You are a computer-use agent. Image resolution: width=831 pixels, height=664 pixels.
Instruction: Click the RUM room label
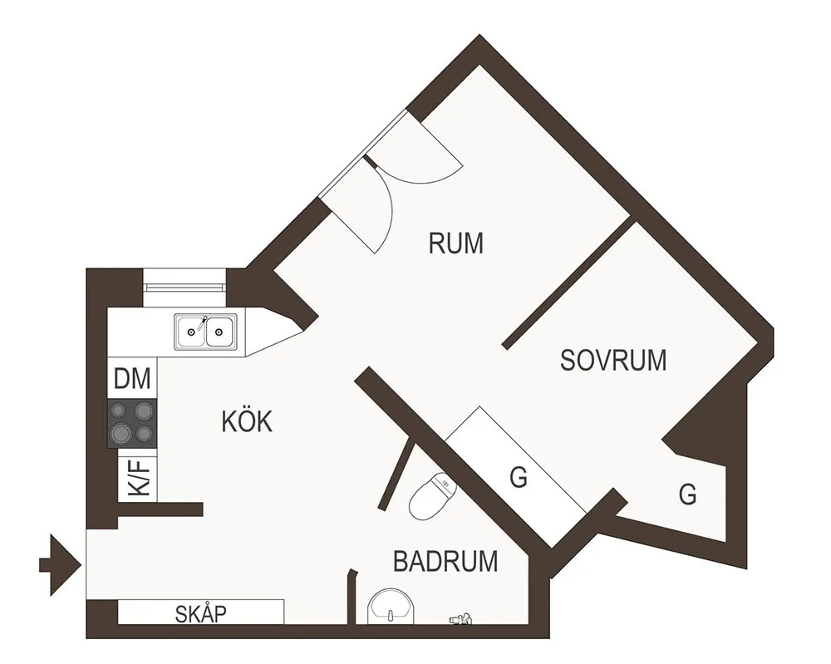455,243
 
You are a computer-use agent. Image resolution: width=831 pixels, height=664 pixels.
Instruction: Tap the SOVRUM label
613,360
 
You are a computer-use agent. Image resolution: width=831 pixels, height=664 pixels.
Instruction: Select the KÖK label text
247,421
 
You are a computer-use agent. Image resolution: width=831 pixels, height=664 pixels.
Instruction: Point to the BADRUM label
445,562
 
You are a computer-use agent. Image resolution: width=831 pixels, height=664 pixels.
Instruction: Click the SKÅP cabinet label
201,614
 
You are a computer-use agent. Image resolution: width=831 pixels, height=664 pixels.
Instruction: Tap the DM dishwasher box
133,380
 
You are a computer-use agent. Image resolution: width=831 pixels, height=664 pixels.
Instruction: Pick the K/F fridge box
139,477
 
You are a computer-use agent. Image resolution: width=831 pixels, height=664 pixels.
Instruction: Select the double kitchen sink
205,332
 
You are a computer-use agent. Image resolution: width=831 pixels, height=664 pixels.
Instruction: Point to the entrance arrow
58,565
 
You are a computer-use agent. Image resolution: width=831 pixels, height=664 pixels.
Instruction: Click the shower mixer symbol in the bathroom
460,618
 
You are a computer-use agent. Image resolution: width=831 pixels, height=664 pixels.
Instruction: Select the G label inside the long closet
518,478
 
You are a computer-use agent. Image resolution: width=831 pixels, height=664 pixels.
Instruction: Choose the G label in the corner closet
687,494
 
